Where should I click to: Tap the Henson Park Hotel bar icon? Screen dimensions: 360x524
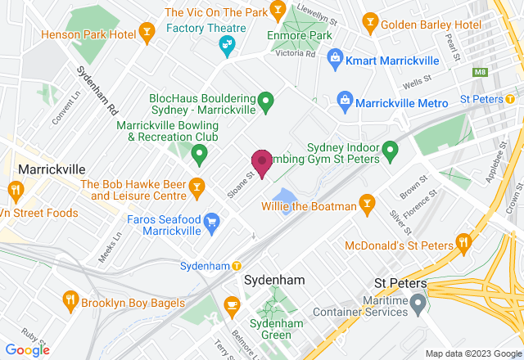[147, 32]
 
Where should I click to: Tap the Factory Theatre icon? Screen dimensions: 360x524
[228, 47]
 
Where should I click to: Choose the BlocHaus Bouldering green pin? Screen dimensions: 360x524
[265, 102]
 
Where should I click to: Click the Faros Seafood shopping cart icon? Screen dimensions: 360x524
[211, 221]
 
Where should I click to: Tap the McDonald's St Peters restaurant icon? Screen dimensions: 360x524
[463, 241]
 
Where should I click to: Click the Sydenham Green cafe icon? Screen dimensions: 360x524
[232, 305]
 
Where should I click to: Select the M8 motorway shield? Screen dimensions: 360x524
[479, 73]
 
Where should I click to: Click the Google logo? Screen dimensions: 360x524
[27, 349]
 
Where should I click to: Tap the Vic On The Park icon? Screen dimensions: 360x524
[278, 10]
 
